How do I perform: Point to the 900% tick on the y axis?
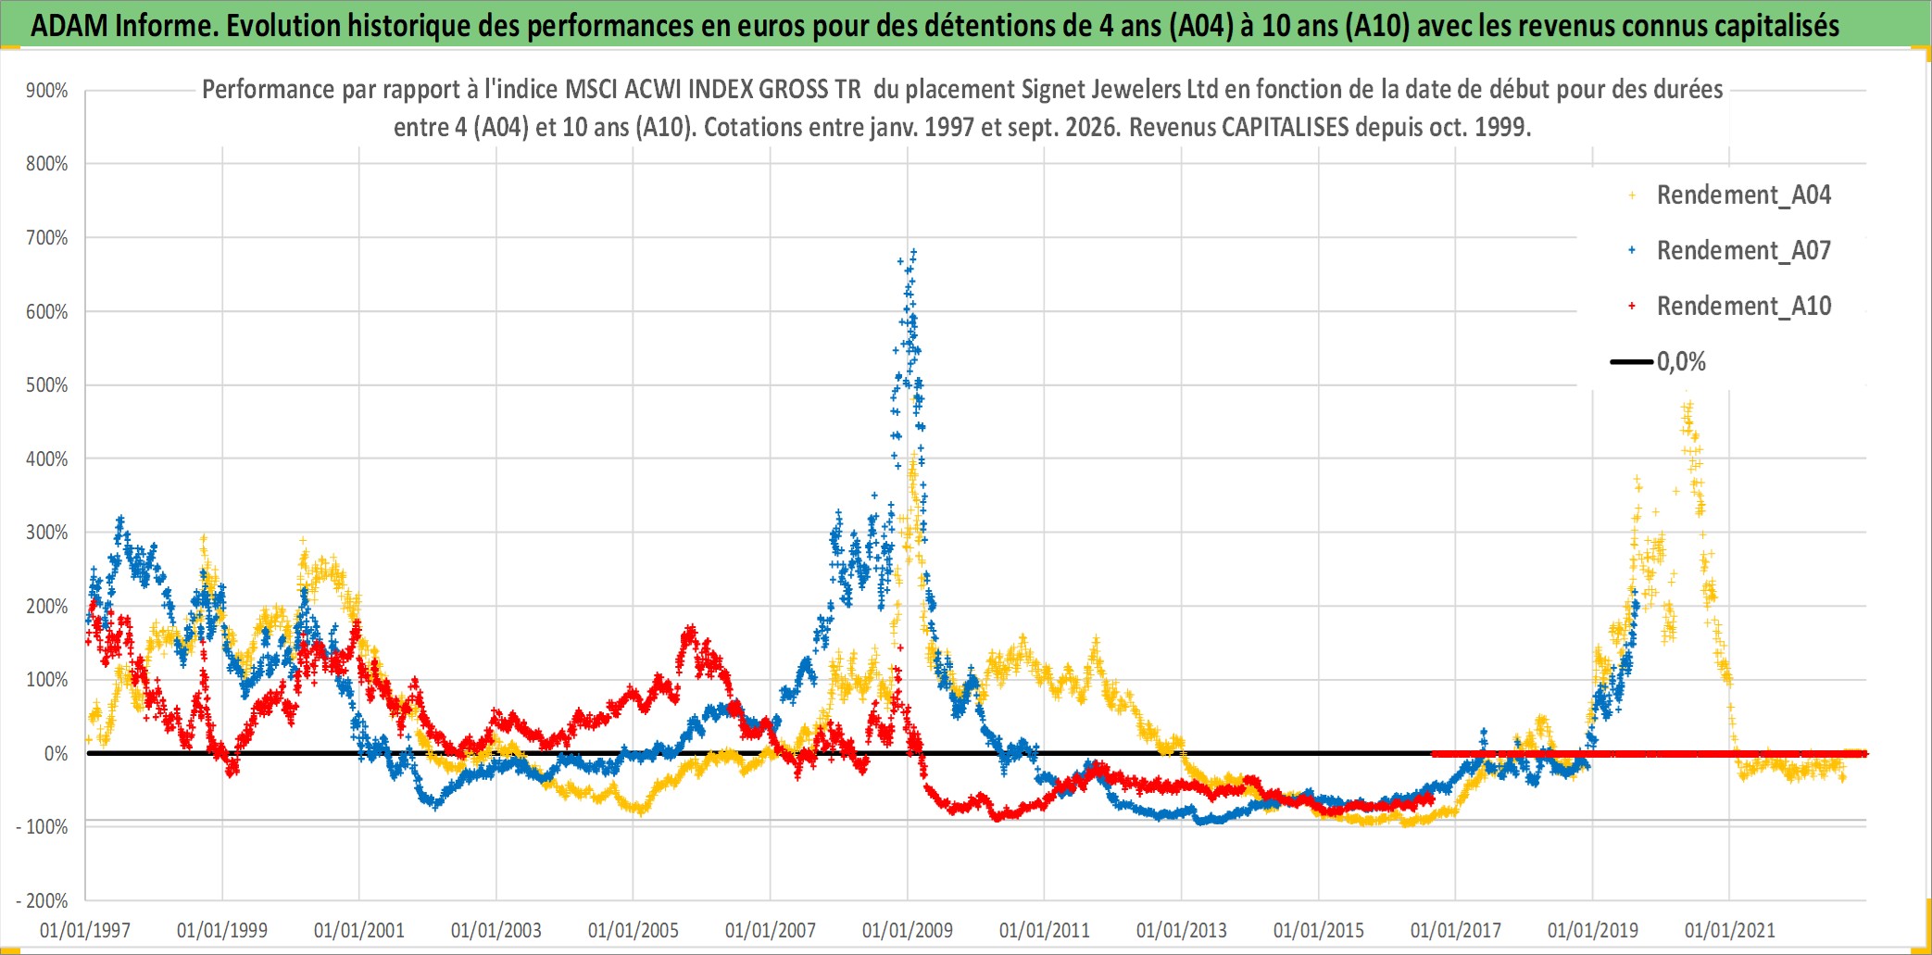(x=46, y=91)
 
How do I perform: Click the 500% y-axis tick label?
(x=46, y=385)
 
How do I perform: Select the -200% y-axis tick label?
(x=42, y=900)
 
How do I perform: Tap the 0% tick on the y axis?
(x=56, y=754)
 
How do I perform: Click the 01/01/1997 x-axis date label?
(x=85, y=930)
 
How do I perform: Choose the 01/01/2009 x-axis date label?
(x=908, y=930)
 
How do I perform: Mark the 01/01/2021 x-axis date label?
(x=1730, y=930)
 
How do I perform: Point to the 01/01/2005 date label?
(x=634, y=930)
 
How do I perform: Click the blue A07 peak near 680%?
(x=914, y=251)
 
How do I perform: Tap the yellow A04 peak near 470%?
(x=1687, y=405)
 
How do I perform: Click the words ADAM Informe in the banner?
(x=123, y=26)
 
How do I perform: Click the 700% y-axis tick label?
(x=46, y=238)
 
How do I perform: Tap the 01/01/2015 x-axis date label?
(x=1319, y=930)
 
